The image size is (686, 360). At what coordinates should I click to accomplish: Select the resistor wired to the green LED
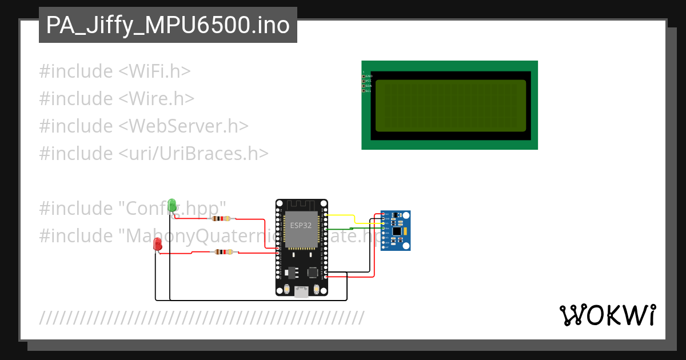[x=221, y=218]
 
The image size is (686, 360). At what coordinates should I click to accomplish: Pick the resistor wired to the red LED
[x=223, y=252]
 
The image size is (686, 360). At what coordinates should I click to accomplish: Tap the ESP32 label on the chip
[x=301, y=225]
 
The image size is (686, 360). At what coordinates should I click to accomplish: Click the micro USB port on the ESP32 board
[x=301, y=292]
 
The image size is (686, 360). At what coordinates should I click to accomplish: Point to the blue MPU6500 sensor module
[x=396, y=230]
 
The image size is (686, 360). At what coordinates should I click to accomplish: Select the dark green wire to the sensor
[x=349, y=229]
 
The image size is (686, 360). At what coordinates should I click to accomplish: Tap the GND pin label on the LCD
[x=369, y=76]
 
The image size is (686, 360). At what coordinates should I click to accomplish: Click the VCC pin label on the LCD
[x=369, y=81]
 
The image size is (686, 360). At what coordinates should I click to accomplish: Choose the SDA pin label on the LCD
[x=369, y=86]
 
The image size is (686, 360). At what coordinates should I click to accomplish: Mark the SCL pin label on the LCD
[x=369, y=91]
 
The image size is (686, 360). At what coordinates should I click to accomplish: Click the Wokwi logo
[x=607, y=315]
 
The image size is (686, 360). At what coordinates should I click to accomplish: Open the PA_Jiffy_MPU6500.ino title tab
[x=167, y=25]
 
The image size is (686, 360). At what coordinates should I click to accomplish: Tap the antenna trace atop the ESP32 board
[x=301, y=204]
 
